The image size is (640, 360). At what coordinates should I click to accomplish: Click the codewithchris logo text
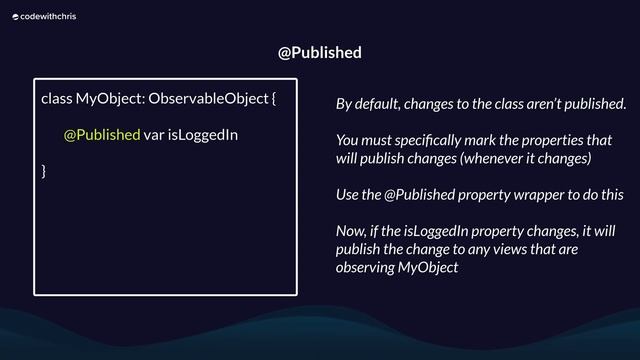45,16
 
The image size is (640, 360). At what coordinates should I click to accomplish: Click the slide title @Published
319,52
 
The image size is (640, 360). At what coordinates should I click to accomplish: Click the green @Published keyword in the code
101,135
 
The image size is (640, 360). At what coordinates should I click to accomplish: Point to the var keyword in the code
154,135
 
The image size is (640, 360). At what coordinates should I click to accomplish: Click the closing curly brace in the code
43,171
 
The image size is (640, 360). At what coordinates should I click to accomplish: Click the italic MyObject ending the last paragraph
427,267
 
